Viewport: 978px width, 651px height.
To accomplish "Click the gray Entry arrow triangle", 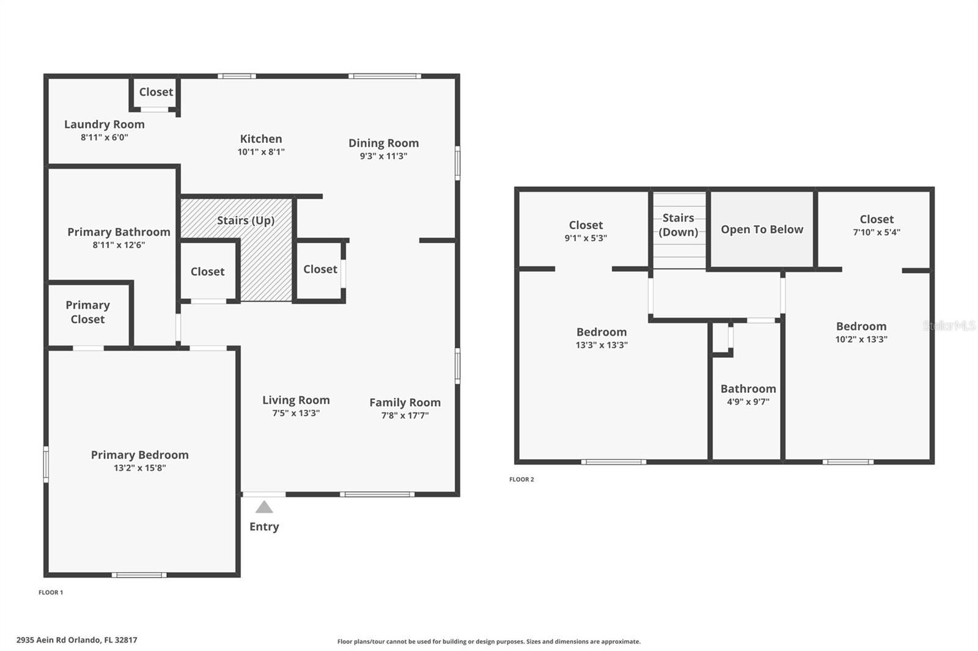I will click(264, 507).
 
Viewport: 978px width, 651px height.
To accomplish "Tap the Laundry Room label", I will click(105, 124).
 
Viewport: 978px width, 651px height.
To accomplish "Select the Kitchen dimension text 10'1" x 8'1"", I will click(261, 152).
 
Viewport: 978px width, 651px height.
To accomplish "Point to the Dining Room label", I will click(383, 143).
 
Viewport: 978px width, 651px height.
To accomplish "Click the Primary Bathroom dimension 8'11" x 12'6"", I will click(119, 245).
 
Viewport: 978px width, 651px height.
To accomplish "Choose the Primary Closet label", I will click(87, 312).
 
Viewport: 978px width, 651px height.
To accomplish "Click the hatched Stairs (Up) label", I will click(246, 220).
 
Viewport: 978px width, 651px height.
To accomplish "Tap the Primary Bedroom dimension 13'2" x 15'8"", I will click(139, 468).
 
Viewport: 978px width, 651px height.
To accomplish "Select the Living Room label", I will click(296, 400).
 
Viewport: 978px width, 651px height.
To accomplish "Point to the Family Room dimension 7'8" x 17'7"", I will click(405, 416).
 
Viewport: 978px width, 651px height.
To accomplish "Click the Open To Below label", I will click(762, 230).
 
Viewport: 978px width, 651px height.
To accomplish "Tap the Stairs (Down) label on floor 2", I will click(678, 225).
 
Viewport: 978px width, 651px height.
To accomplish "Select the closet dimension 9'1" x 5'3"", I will click(586, 238).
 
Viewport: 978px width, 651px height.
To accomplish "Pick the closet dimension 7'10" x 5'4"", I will click(877, 232).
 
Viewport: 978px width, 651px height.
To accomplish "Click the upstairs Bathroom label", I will click(748, 389).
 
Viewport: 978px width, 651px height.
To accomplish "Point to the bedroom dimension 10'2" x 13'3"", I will click(861, 340).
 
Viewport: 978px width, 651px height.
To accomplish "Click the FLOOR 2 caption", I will click(521, 479).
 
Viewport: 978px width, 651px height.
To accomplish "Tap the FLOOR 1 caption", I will click(51, 592).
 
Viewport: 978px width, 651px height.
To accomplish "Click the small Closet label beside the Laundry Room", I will click(156, 92).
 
